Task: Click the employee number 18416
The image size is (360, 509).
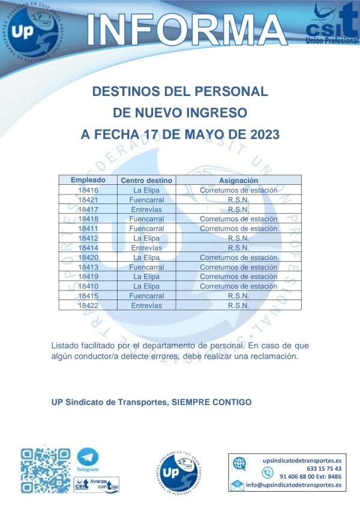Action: point(88,190)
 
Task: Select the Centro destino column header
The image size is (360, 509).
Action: point(146,180)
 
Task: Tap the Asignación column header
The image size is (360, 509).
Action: point(238,180)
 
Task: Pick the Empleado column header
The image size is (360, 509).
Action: point(88,180)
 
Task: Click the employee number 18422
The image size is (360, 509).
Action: point(88,305)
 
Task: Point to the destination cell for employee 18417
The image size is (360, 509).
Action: point(146,209)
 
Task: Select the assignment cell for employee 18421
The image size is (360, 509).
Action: point(238,199)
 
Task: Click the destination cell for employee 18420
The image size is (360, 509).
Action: point(146,257)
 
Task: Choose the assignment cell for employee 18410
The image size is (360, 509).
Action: point(238,286)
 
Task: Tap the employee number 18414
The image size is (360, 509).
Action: point(88,247)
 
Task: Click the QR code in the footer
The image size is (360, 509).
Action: point(45,470)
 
